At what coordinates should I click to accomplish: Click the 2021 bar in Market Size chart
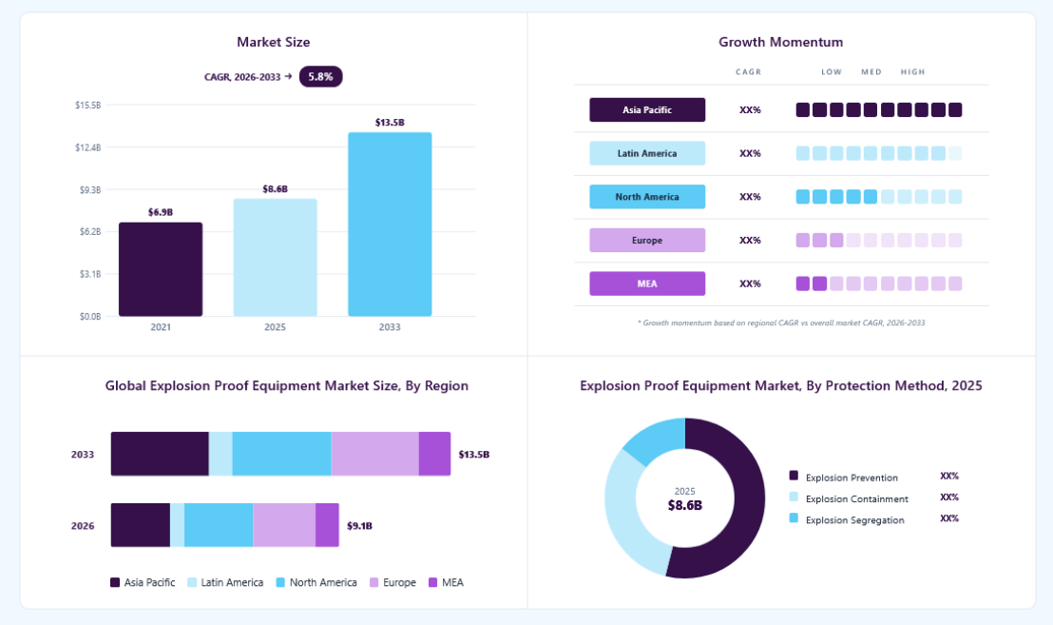(161, 269)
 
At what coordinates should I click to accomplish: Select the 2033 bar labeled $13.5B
(390, 224)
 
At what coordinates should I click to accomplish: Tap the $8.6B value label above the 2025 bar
(276, 189)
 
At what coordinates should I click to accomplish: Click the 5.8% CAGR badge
(321, 77)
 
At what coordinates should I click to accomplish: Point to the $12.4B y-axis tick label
(88, 147)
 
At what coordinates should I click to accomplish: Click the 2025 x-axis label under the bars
(275, 327)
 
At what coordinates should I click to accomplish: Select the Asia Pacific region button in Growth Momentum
(647, 109)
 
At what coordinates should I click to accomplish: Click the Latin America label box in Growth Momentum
(647, 153)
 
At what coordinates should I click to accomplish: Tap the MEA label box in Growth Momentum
(647, 283)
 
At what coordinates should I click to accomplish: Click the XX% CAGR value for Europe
(750, 240)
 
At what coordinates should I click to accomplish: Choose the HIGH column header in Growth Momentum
(912, 72)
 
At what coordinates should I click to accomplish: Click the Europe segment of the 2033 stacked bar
(374, 454)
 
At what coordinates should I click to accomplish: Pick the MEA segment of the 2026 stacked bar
(327, 525)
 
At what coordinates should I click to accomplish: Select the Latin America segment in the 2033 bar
(220, 454)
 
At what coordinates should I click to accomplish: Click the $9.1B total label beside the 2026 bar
(359, 525)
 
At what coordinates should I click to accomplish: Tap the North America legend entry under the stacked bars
(316, 582)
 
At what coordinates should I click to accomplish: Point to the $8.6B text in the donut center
(685, 505)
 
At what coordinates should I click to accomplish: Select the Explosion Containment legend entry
(849, 498)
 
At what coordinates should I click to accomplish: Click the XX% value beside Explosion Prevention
(948, 476)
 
